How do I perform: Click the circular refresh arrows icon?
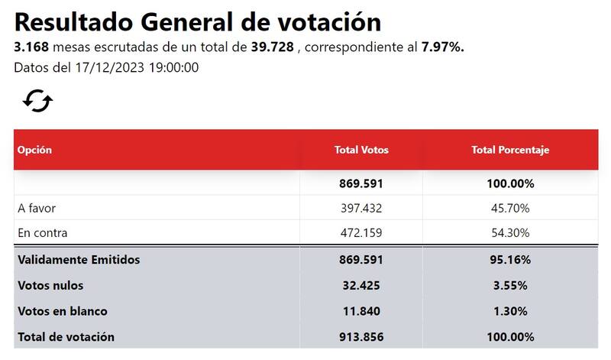[37, 101]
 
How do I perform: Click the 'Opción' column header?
[34, 151]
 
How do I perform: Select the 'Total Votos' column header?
[361, 151]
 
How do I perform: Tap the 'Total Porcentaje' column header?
[510, 151]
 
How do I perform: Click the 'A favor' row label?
[37, 208]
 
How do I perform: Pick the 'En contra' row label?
[43, 232]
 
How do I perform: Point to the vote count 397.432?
[361, 208]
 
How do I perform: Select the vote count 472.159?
[361, 232]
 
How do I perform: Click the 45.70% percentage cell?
[510, 208]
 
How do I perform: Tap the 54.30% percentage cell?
[510, 232]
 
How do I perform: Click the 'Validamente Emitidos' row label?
[79, 260]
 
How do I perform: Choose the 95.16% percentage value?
[510, 260]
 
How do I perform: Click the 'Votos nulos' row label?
[50, 286]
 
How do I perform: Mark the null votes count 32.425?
[361, 286]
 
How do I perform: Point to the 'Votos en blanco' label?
[63, 312]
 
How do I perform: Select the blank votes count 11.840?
[361, 312]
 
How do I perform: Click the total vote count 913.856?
[361, 337]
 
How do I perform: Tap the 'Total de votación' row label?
[66, 337]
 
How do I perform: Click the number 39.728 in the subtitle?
[272, 47]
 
